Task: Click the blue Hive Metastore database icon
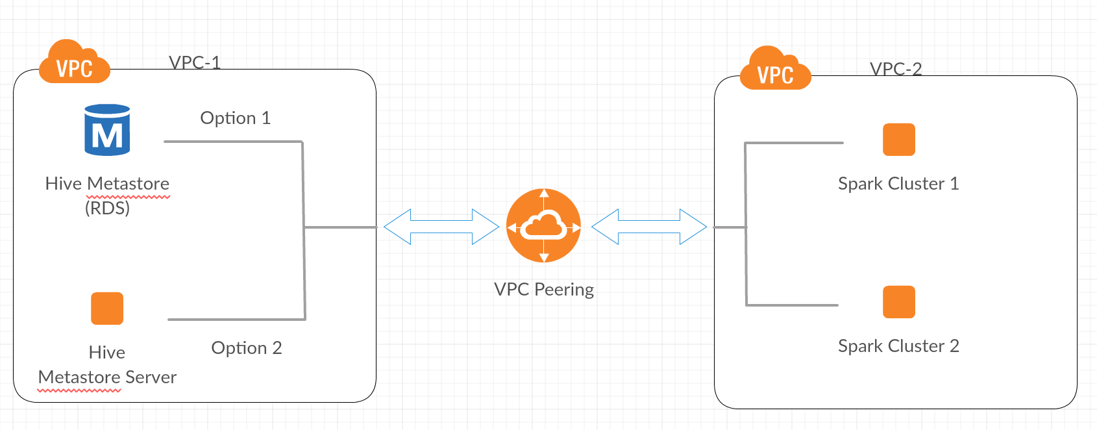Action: point(107,130)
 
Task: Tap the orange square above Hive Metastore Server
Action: point(107,309)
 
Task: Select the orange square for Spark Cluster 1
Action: point(899,140)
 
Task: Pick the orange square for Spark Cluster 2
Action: point(899,302)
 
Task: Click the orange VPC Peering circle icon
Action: point(544,226)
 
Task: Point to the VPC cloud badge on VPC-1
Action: point(74,63)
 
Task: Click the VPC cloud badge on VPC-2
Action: point(775,70)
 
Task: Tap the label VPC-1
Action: point(195,62)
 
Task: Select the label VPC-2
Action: point(896,69)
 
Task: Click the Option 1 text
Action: point(235,118)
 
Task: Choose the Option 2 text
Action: point(247,348)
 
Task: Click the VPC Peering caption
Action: point(544,290)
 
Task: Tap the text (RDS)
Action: point(107,208)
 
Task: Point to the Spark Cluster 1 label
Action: point(898,184)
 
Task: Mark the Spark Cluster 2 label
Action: point(898,346)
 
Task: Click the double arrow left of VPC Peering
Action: point(441,227)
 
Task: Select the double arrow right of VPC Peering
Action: point(649,227)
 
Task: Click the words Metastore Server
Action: point(107,377)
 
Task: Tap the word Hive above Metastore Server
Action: point(107,353)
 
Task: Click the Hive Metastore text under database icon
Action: point(107,184)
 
